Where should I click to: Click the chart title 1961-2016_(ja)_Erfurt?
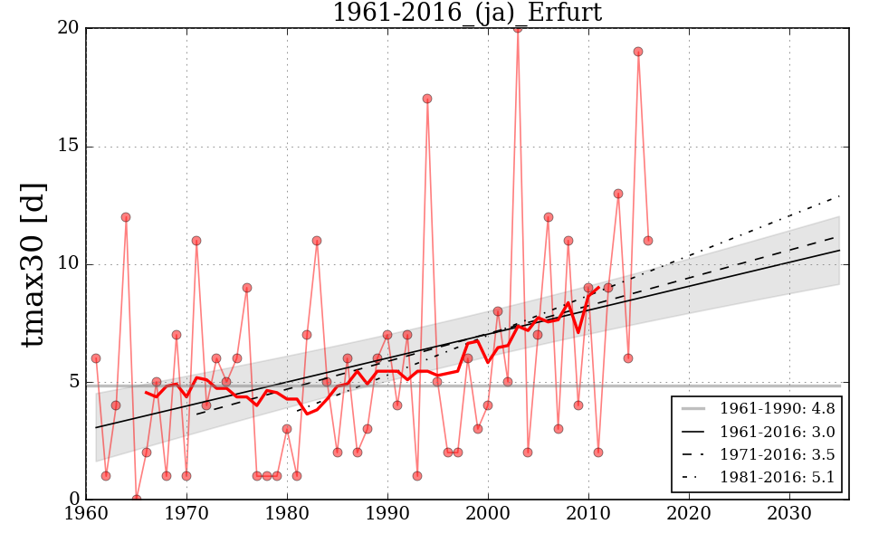coord(466,13)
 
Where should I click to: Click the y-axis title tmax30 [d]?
coord(33,263)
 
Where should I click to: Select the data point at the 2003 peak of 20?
coord(518,28)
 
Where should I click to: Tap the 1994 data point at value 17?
coord(427,99)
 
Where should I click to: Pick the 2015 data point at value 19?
coord(638,52)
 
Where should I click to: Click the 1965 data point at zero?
coord(136,499)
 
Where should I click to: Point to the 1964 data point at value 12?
coord(126,217)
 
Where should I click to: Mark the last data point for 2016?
coord(648,241)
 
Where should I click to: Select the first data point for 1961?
coord(96,358)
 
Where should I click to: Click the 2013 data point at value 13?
coord(618,194)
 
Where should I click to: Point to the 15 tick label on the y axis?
coord(69,147)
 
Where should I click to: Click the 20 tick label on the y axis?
coord(69,29)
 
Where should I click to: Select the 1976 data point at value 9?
coord(246,288)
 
